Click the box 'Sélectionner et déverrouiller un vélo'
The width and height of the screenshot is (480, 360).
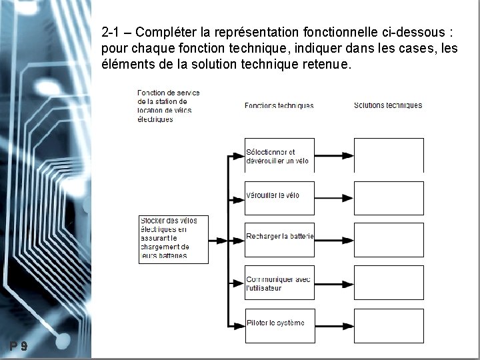point(279,156)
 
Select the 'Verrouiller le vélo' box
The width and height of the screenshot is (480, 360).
point(279,197)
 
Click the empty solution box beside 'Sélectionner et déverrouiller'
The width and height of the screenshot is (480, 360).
point(389,155)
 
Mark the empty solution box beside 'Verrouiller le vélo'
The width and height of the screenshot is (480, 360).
point(389,197)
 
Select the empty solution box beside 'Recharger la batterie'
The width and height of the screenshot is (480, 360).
point(389,240)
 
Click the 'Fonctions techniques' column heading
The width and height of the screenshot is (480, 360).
point(279,105)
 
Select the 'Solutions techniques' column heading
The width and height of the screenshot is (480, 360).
point(388,105)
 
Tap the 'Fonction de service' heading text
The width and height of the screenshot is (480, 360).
point(168,105)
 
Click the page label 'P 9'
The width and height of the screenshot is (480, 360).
point(19,345)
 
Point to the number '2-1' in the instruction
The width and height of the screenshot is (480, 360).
point(111,31)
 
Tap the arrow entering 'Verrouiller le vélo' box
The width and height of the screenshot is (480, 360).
point(237,199)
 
